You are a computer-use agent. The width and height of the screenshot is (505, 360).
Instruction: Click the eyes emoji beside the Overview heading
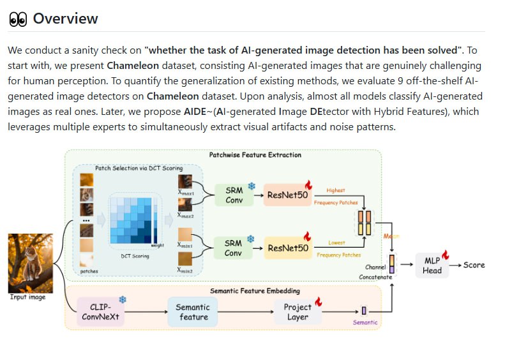pos(18,19)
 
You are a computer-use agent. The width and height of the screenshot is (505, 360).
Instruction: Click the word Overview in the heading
pos(65,19)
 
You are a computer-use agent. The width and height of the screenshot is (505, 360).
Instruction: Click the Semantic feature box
pos(193,312)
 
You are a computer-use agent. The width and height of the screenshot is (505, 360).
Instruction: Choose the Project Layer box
pos(298,312)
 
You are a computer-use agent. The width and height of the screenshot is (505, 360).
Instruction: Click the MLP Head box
pos(432,265)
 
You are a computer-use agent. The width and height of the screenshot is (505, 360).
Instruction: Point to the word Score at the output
pos(474,265)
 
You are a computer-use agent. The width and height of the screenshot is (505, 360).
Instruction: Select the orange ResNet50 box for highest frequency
pos(288,195)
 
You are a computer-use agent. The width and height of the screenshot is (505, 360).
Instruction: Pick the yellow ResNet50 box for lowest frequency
pos(288,248)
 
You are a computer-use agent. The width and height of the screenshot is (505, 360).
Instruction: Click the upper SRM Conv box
pos(234,195)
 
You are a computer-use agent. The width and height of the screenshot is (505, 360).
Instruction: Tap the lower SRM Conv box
pos(234,248)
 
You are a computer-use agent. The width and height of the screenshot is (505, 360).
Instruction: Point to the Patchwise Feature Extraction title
pos(255,155)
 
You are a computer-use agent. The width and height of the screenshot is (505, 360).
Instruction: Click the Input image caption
pos(27,297)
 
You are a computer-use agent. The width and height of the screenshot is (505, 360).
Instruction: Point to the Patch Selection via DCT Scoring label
pos(139,168)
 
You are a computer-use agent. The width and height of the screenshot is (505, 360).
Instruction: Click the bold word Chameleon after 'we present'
pos(133,66)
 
